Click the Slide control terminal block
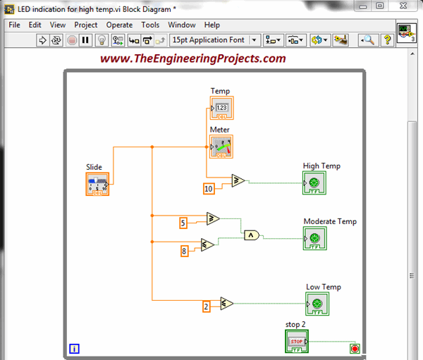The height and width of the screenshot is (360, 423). click(x=97, y=184)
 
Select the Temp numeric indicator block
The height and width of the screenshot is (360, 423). click(x=222, y=108)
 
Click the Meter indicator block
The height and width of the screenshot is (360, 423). click(x=221, y=147)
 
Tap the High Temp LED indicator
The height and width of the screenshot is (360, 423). click(x=314, y=183)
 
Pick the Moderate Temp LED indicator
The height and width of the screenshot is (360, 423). click(x=315, y=238)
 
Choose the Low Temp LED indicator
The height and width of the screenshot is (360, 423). click(x=317, y=304)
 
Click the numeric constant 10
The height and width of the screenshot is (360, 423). click(x=209, y=189)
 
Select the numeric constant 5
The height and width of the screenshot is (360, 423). click(x=183, y=223)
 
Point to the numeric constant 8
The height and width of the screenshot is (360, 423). click(x=184, y=252)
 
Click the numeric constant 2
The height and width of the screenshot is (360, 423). click(x=207, y=307)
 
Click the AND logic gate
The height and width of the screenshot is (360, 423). click(x=252, y=235)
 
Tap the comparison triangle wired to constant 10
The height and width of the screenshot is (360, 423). click(x=238, y=180)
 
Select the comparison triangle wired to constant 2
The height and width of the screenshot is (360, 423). click(x=226, y=304)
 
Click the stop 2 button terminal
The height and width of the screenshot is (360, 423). click(x=297, y=342)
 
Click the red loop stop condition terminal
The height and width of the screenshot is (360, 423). click(x=355, y=349)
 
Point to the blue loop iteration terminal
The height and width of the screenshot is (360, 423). click(x=74, y=349)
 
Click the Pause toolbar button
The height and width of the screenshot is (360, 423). click(x=85, y=40)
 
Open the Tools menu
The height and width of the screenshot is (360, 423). click(x=150, y=25)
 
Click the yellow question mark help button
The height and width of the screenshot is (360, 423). click(x=388, y=40)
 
